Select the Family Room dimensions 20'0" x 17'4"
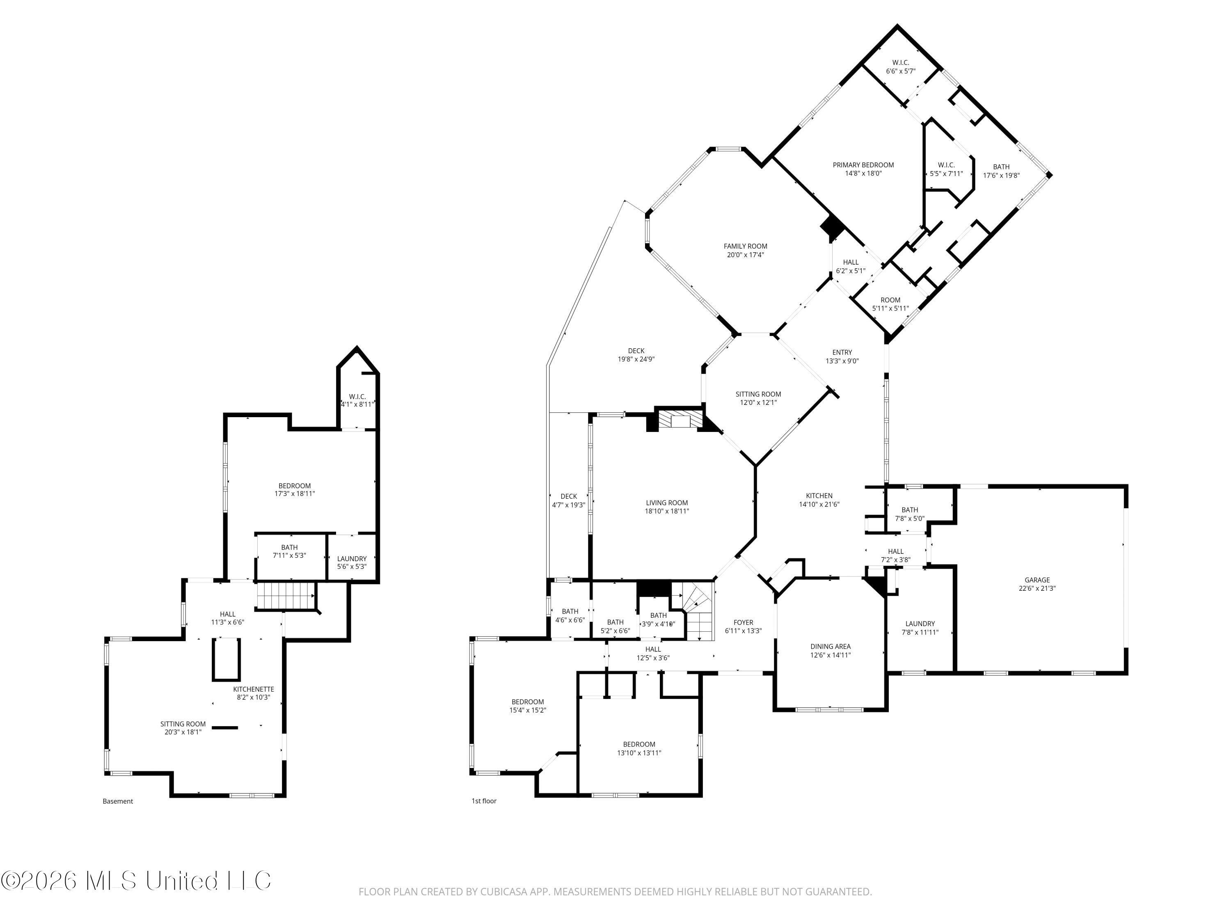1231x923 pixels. tap(745, 255)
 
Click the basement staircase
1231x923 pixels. tap(285, 596)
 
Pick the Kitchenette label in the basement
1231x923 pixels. tap(253, 689)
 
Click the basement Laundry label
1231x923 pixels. tap(352, 559)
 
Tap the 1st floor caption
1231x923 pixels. tap(484, 801)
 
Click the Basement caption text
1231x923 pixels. tap(117, 801)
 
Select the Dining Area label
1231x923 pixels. tap(830, 647)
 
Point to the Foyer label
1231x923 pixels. tap(743, 623)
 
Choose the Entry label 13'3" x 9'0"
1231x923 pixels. tap(842, 356)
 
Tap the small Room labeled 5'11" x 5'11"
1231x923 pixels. tap(890, 304)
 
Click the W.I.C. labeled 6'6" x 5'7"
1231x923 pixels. tap(900, 67)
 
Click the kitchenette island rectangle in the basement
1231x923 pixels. tap(226, 659)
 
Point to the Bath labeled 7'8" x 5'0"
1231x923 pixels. tap(909, 514)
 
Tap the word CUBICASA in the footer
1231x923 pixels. tap(491, 892)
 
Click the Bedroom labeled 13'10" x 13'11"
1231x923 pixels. tap(639, 748)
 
